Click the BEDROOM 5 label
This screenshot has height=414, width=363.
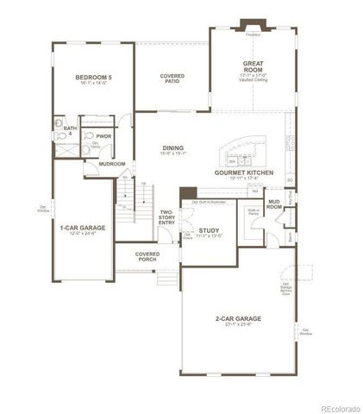click(91, 77)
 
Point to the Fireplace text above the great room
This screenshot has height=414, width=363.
click(253, 35)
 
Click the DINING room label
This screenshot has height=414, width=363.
click(172, 147)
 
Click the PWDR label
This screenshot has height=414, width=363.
click(103, 135)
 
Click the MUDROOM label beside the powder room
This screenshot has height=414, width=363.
click(111, 163)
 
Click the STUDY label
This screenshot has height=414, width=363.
click(208, 230)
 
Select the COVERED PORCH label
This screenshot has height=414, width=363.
click(147, 256)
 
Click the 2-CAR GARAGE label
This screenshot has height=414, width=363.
click(238, 318)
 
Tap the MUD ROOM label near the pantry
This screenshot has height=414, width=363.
click(274, 204)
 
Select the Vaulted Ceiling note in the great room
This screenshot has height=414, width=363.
click(253, 81)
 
